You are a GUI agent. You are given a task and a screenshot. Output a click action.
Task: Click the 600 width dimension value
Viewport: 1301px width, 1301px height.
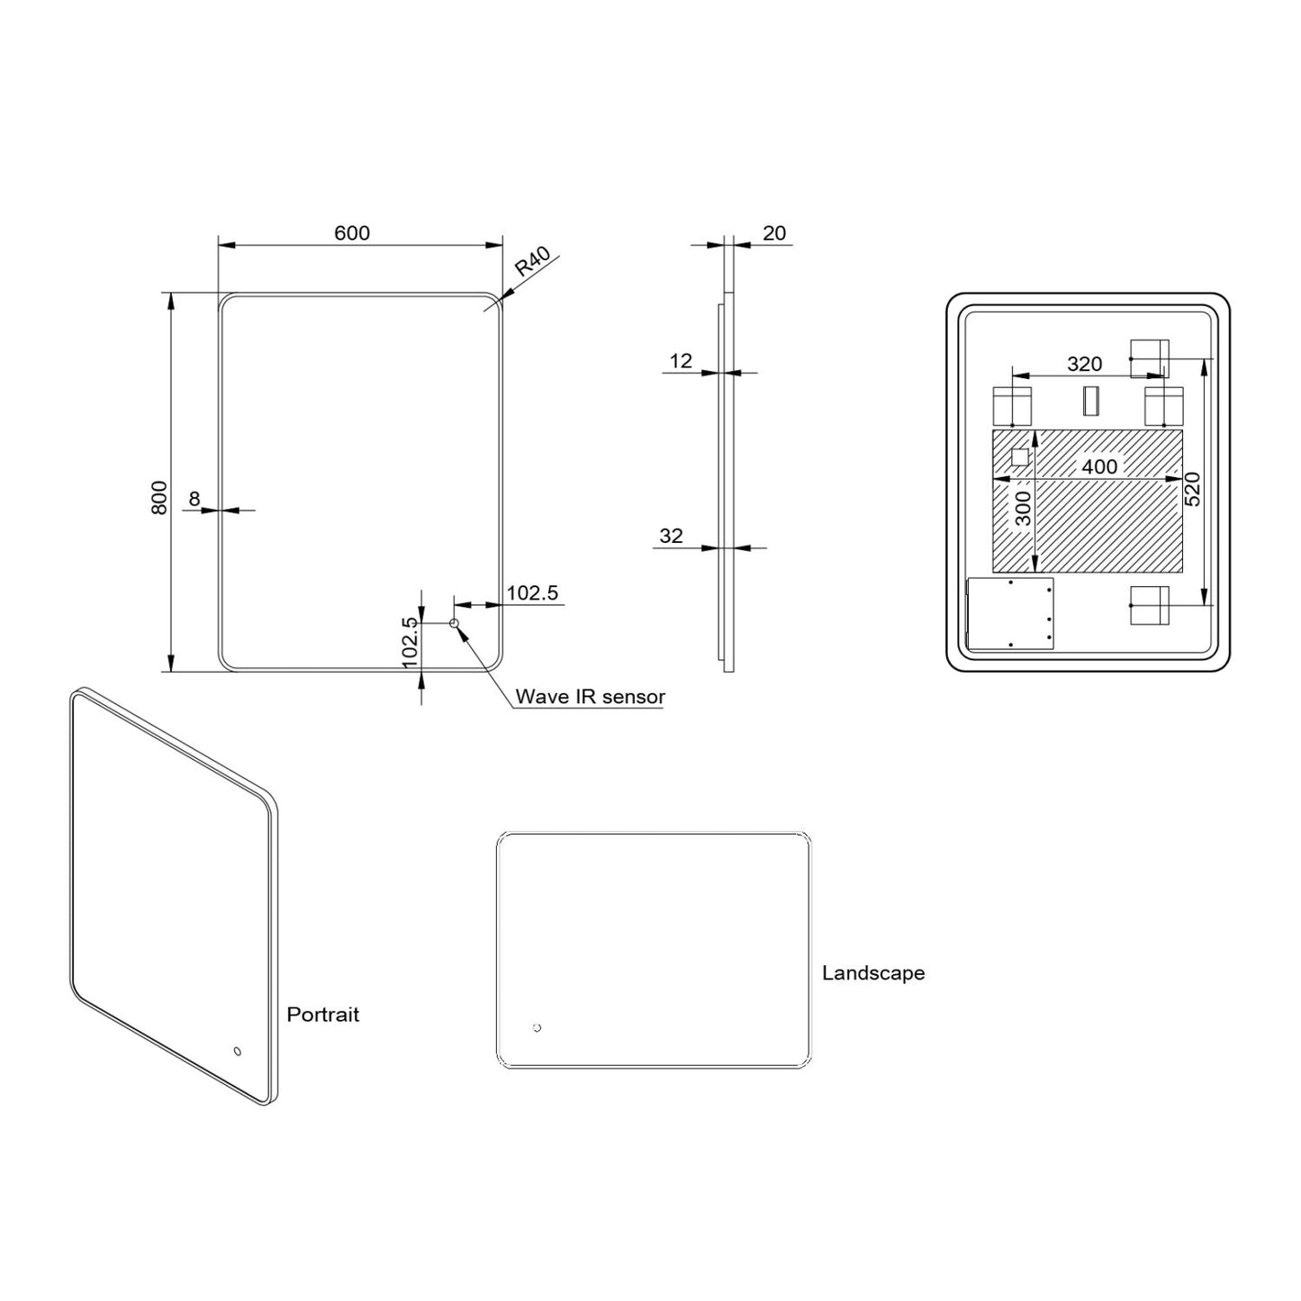tap(352, 233)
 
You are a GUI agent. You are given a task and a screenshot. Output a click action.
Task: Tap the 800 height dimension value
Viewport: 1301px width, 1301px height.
tap(159, 497)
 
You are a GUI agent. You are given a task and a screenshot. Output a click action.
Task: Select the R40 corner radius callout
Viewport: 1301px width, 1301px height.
tap(532, 262)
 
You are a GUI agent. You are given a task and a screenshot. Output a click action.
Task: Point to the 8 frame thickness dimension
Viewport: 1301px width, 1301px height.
tap(194, 498)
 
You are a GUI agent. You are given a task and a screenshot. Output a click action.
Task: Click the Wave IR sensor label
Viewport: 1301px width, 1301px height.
tap(590, 697)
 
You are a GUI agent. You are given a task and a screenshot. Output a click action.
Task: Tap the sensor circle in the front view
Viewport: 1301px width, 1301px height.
tap(454, 623)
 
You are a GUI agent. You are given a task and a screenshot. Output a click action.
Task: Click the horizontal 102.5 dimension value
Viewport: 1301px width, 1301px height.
tap(532, 592)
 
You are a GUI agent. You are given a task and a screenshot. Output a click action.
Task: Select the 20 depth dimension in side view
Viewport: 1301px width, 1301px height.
tap(774, 233)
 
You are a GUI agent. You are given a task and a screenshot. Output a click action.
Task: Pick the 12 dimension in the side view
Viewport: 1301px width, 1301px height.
tap(682, 361)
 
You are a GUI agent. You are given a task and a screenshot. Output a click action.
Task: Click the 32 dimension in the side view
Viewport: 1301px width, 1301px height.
tap(672, 536)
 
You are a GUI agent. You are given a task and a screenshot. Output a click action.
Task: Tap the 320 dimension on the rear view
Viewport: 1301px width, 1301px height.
tap(1084, 364)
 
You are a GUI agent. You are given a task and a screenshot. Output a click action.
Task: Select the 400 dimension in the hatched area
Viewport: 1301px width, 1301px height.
tap(1099, 466)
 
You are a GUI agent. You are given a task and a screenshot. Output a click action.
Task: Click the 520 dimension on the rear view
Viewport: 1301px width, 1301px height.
tap(1193, 489)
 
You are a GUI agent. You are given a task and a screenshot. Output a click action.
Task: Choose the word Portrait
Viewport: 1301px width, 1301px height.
tap(322, 1015)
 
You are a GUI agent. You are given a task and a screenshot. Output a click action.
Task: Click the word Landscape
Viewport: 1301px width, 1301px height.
tap(873, 973)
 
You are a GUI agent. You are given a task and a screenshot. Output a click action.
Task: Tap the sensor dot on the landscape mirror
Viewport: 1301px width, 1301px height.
tap(538, 1027)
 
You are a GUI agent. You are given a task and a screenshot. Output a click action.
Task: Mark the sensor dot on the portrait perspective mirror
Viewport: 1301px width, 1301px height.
tap(238, 1051)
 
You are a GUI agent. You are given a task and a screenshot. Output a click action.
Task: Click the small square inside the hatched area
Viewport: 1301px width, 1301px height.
tap(1020, 457)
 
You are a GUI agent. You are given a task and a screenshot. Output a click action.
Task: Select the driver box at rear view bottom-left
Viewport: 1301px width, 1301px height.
tap(1009, 613)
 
